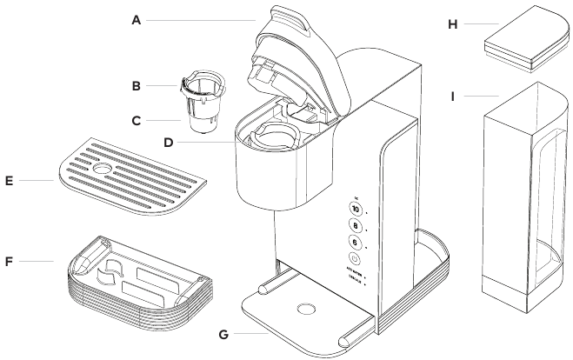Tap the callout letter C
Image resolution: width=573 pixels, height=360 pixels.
136,121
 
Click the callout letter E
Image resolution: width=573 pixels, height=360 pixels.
10,181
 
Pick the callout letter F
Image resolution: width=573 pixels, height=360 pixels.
10,260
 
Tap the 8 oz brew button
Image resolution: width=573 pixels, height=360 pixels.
356,226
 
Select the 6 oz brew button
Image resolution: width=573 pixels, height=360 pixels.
356,243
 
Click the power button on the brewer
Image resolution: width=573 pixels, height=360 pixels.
356,259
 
